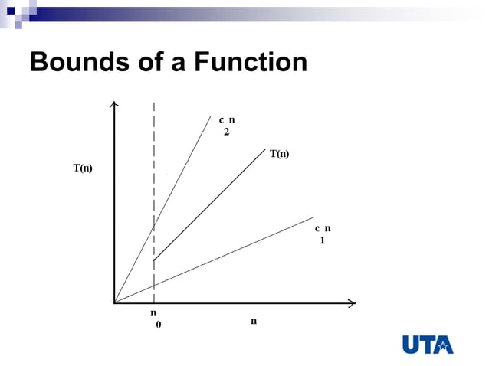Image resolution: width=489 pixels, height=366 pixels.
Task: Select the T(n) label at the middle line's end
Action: click(279, 154)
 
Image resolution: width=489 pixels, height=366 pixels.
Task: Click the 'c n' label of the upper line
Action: click(227, 119)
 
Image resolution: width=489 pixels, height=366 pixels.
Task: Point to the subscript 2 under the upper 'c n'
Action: click(226, 132)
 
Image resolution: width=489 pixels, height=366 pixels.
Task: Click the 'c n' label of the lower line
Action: click(323, 228)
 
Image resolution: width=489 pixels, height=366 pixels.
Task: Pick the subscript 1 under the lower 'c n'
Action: click(323, 240)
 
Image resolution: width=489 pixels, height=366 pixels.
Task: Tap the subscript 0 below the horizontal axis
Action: click(159, 325)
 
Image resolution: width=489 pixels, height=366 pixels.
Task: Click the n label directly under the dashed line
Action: click(153, 313)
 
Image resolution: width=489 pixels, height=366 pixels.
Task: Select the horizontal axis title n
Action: click(254, 321)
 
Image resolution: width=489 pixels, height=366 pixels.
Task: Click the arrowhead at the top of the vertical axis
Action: click(114, 105)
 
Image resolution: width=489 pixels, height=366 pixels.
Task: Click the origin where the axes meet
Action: click(115, 303)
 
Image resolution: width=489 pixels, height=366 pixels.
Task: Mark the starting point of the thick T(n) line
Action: click(154, 261)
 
